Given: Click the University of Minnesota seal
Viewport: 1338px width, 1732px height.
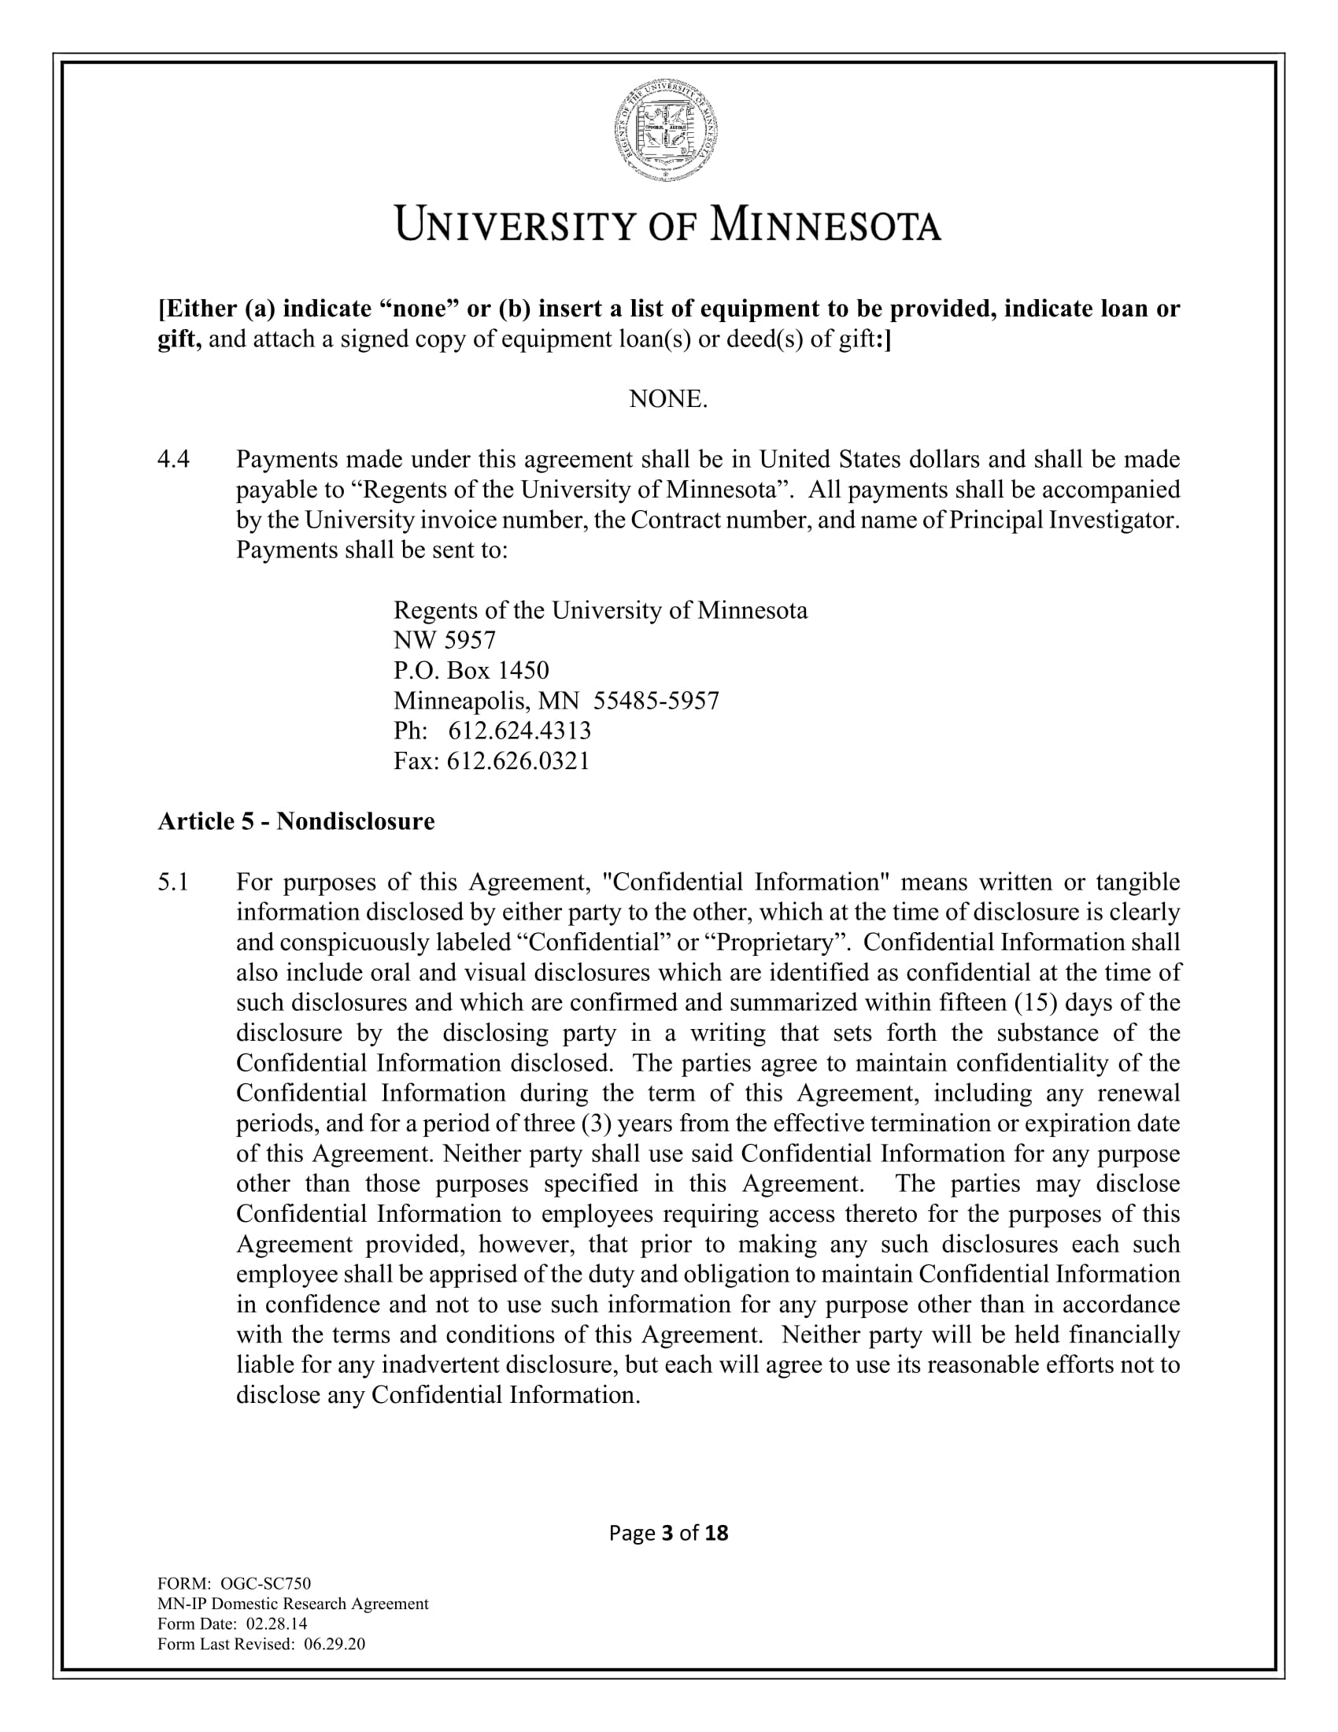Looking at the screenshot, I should click(x=668, y=131).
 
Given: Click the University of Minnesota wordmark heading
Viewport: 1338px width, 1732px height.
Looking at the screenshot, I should click(x=668, y=225).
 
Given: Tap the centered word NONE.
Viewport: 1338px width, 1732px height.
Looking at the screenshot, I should click(x=668, y=399).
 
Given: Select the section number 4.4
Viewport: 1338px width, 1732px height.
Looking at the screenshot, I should click(x=174, y=459).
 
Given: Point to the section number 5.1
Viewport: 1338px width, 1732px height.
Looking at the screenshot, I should click(x=173, y=882).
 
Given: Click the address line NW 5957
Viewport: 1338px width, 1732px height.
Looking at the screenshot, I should click(x=445, y=640).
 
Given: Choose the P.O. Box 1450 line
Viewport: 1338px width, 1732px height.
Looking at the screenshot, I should click(x=471, y=670).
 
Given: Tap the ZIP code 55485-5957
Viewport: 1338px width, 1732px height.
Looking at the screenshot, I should click(x=656, y=700).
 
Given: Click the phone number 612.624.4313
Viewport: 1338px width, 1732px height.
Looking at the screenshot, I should click(x=520, y=731).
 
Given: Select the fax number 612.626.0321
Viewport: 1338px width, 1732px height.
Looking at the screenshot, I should click(x=519, y=761).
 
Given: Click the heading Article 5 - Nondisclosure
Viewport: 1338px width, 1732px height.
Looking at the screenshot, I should click(x=297, y=821).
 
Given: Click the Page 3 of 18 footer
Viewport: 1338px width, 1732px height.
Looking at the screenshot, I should click(x=668, y=1533).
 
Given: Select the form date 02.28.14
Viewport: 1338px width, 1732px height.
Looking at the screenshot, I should click(x=277, y=1623).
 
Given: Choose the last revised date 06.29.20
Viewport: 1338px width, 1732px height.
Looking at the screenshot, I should click(x=334, y=1644).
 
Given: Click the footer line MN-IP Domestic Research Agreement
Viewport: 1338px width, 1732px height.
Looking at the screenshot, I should click(x=294, y=1604).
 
